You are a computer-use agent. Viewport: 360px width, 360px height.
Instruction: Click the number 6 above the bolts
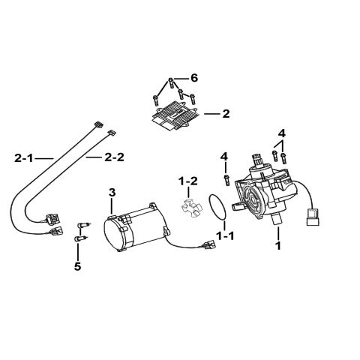coord(194,79)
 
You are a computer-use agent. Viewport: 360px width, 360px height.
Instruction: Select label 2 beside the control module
coord(226,114)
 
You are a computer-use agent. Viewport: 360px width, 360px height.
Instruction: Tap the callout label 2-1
coord(24,158)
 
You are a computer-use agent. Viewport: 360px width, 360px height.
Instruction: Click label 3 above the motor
coord(112,193)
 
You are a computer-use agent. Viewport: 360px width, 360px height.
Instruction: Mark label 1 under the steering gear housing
coord(278,245)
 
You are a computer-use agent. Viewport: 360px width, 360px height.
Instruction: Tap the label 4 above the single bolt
coord(224,156)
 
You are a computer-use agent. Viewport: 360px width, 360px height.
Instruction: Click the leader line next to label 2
coord(210,114)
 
